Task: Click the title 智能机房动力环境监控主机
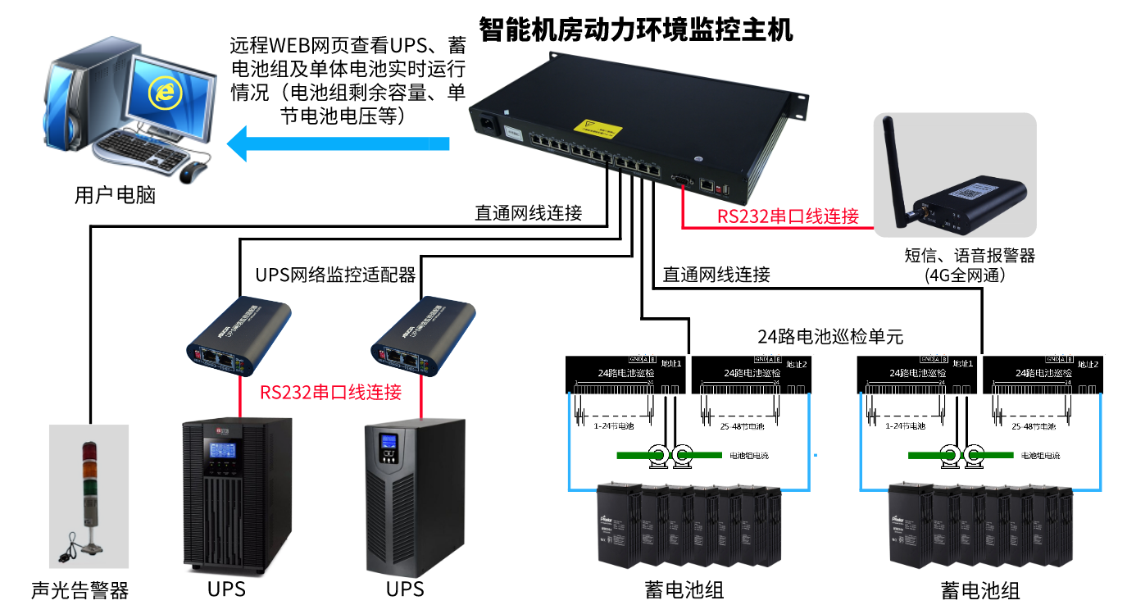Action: click(636, 30)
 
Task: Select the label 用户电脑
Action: click(114, 195)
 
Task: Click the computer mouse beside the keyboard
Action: click(195, 171)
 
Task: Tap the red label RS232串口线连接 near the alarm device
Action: click(788, 216)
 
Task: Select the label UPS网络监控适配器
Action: click(335, 274)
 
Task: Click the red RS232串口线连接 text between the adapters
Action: click(330, 392)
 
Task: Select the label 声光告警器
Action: click(80, 590)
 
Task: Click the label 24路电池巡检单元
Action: click(829, 336)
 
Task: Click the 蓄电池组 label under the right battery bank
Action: click(980, 590)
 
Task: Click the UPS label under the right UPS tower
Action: click(405, 589)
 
